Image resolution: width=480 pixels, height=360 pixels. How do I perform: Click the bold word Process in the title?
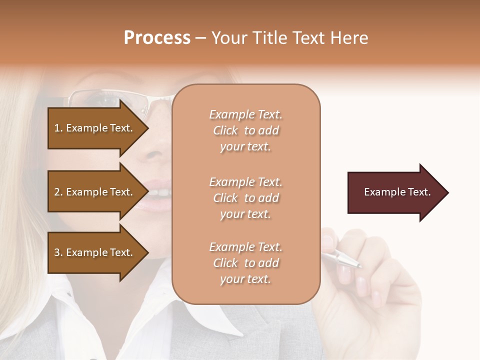pos(157,38)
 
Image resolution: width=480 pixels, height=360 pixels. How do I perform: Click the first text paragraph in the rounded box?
pos(245,130)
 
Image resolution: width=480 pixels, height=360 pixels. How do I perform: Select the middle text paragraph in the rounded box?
pos(245,198)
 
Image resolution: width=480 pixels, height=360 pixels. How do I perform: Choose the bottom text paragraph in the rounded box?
pos(245,263)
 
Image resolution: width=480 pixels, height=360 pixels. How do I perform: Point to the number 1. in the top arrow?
pos(58,128)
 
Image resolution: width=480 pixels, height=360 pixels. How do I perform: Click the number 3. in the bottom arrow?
pos(58,252)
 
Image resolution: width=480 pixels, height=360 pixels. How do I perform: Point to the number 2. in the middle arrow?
pos(58,192)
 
